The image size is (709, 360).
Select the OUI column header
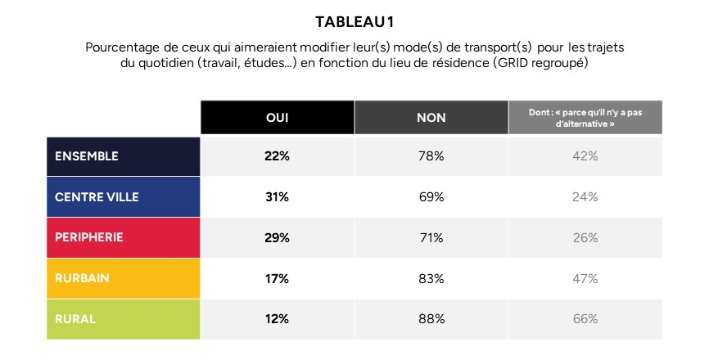[x=278, y=118]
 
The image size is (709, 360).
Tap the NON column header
[x=431, y=118]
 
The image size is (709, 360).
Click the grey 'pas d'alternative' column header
[x=585, y=117]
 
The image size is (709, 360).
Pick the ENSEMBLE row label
[x=86, y=156]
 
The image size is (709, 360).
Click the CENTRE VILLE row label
[x=97, y=197]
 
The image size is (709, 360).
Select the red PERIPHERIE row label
[x=89, y=237]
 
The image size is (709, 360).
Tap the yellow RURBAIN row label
[x=82, y=278]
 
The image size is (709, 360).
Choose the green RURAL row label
[x=75, y=319]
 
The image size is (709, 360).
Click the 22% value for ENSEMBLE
[x=277, y=156]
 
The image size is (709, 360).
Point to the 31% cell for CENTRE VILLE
[x=277, y=197]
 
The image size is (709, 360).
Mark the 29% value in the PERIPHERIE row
[x=277, y=238]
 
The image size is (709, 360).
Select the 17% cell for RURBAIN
[x=277, y=279]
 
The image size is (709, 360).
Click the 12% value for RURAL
[x=277, y=319]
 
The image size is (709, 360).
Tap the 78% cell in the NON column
[x=431, y=156]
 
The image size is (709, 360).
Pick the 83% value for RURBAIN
[x=431, y=279]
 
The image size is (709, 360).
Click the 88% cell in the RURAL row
[x=431, y=319]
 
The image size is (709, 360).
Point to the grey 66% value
[x=585, y=319]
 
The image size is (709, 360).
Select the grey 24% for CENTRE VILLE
[x=585, y=197]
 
